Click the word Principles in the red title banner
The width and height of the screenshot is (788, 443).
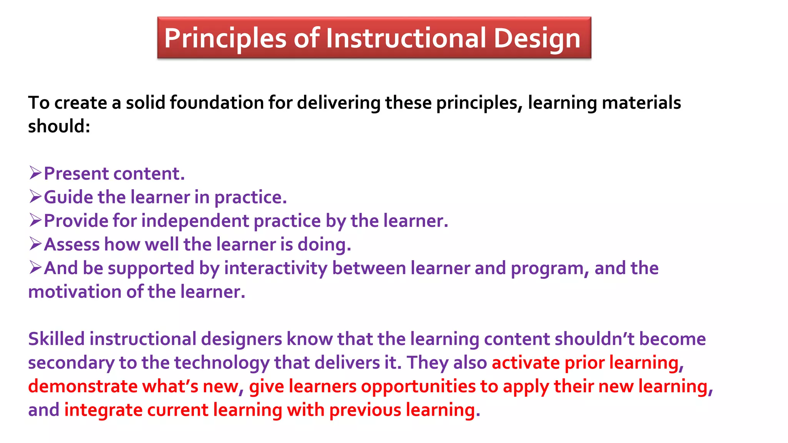(225, 38)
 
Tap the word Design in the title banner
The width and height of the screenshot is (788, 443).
(537, 38)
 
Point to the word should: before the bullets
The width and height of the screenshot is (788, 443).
(59, 126)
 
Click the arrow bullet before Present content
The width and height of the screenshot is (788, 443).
(35, 173)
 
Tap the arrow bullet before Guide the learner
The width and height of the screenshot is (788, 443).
(35, 197)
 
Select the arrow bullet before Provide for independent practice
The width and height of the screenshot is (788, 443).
(35, 220)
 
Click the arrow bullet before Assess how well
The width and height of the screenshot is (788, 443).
(35, 244)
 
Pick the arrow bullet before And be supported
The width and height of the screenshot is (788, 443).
(35, 268)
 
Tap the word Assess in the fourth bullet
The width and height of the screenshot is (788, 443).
(72, 245)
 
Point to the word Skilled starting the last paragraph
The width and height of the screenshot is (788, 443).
(56, 339)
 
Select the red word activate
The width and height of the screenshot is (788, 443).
(526, 363)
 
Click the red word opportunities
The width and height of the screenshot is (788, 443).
(418, 386)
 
